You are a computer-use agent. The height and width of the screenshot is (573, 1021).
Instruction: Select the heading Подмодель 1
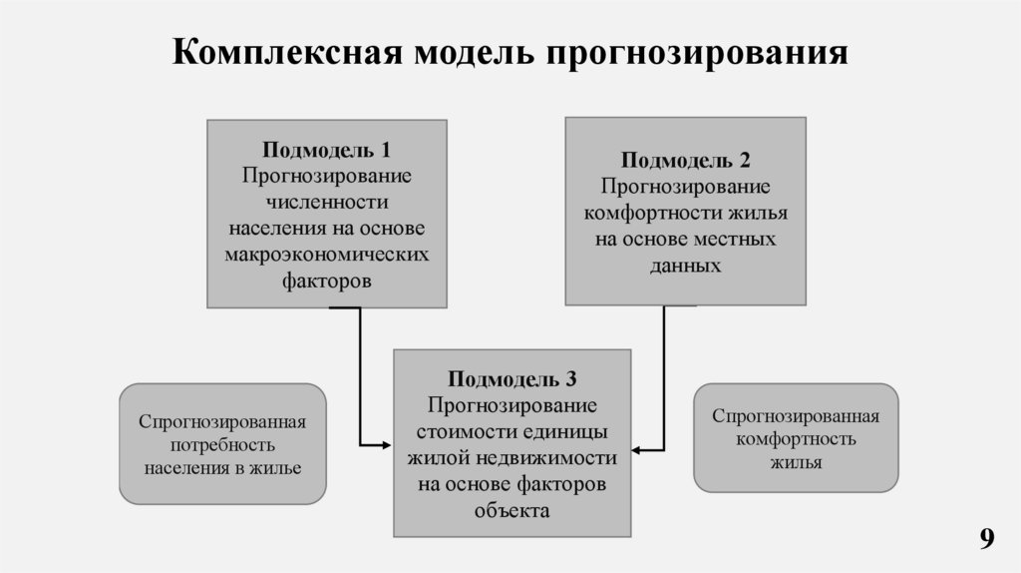(326, 151)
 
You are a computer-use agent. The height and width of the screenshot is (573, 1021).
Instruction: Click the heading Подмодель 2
(685, 161)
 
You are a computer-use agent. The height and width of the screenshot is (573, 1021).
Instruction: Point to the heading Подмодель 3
(511, 380)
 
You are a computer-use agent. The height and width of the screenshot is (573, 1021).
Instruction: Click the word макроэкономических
(326, 255)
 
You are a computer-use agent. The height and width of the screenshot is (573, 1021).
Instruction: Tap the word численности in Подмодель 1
(326, 203)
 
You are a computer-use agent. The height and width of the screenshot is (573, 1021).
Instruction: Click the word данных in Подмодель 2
(685, 266)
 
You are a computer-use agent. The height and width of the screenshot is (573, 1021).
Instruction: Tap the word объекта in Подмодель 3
(511, 510)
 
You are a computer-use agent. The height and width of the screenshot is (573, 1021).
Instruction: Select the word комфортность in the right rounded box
(795, 439)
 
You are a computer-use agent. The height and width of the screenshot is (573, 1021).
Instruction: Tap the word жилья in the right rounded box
(795, 462)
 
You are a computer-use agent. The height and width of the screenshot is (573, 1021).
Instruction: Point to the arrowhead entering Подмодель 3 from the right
(636, 451)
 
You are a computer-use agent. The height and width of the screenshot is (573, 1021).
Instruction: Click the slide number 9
(986, 539)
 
